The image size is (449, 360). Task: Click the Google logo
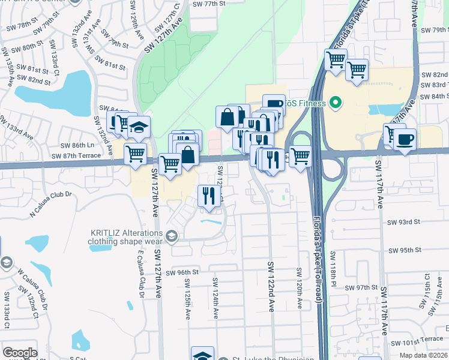tap(20, 352)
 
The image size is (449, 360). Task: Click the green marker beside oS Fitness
tap(336, 103)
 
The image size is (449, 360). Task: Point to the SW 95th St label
tap(406, 250)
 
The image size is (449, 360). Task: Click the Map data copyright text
tap(423, 355)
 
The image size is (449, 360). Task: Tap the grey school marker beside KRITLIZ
tap(173, 235)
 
